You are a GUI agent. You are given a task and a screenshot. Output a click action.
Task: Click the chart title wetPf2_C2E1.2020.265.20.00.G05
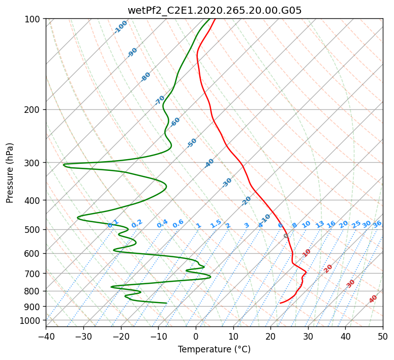(x=214, y=10)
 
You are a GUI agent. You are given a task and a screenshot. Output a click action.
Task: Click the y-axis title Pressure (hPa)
(x=10, y=172)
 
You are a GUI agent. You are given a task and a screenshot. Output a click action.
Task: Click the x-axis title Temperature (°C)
(x=214, y=350)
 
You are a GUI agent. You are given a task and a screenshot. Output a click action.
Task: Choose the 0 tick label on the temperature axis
(x=196, y=336)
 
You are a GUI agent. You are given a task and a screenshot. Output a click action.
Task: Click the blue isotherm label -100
(x=121, y=26)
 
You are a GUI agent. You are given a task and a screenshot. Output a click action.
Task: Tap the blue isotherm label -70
(x=160, y=100)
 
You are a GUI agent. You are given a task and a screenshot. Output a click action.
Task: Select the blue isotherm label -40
(x=209, y=163)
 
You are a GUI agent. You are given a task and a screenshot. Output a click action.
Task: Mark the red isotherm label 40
(x=373, y=299)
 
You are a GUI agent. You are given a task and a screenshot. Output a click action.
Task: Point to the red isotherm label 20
(x=328, y=268)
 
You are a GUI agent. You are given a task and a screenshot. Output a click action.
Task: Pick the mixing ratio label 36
(x=377, y=224)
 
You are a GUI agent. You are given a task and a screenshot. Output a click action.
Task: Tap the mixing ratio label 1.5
(x=216, y=223)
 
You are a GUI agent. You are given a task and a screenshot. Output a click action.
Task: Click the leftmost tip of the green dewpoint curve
(x=64, y=165)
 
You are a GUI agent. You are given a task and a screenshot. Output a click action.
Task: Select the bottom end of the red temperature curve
(x=280, y=303)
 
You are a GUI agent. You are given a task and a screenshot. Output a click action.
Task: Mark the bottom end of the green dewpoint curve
(x=167, y=303)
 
